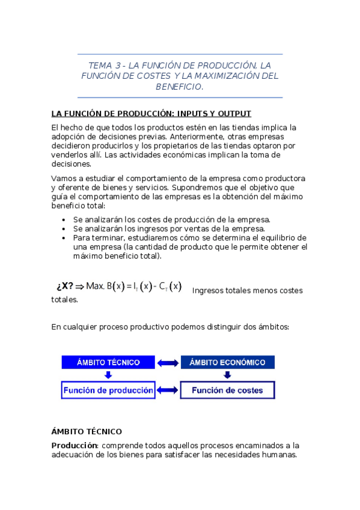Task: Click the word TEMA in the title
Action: (99, 65)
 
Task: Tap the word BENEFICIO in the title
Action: (178, 87)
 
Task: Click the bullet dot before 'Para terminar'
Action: (64, 238)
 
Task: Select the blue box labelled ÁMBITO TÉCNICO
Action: (108, 363)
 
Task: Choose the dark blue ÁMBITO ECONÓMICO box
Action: (227, 363)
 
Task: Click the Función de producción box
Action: (108, 390)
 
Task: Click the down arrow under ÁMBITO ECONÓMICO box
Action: (227, 375)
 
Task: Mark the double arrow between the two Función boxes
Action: (168, 390)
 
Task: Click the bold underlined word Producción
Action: (75, 446)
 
